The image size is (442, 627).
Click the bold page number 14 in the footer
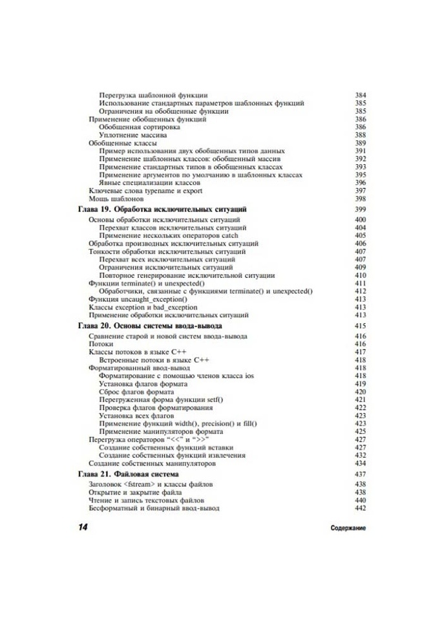(x=83, y=527)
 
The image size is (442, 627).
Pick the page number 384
(x=361, y=95)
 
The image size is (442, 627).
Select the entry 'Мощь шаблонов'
(x=112, y=198)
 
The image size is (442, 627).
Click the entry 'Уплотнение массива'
(x=133, y=135)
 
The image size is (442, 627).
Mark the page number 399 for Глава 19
(x=361, y=211)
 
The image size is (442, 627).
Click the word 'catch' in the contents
(x=229, y=236)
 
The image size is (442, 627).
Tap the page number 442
(x=361, y=508)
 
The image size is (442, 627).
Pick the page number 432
(x=361, y=455)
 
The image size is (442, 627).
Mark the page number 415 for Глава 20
(x=361, y=326)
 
